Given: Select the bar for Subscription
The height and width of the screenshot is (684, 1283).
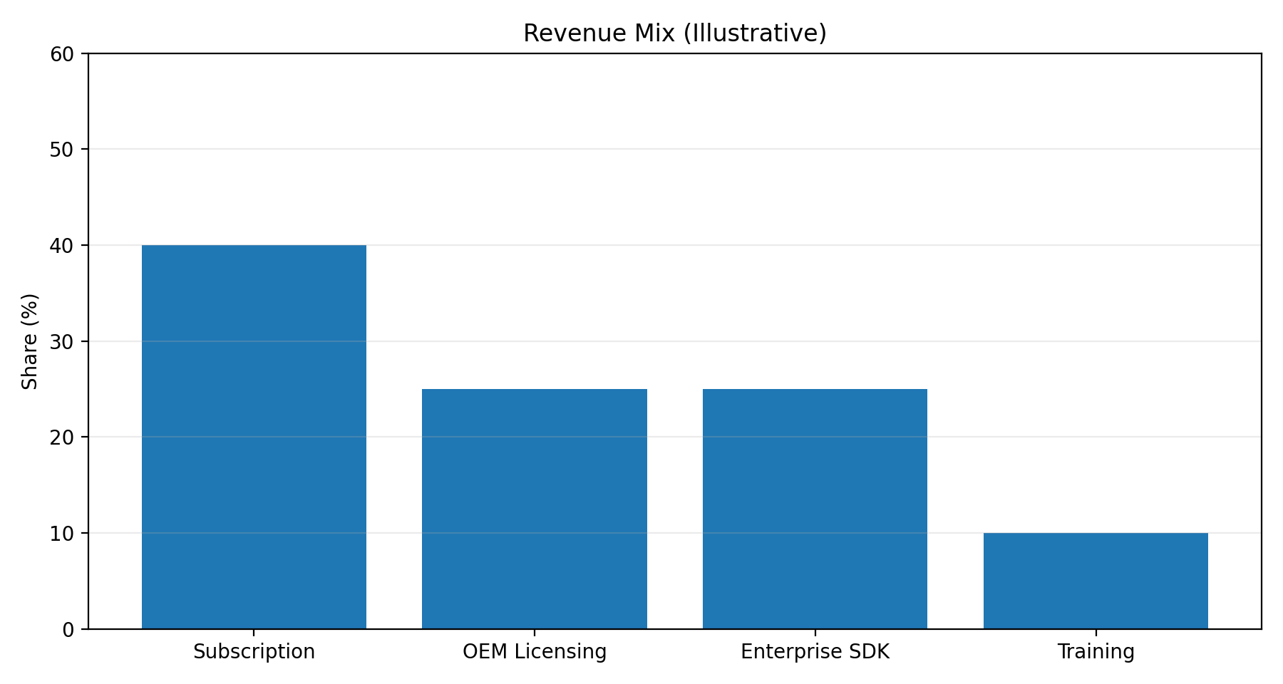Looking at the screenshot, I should (254, 437).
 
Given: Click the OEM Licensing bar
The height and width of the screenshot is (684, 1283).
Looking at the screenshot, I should (535, 509).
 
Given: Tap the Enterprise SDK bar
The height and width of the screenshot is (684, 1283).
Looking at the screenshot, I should (815, 509).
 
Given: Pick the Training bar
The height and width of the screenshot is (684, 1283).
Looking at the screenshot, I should (1096, 581).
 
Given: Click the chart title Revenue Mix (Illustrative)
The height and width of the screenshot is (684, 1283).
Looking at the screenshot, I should (674, 33).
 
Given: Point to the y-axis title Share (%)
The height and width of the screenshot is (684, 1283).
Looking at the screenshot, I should (30, 341).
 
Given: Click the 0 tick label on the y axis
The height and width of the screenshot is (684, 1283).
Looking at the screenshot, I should (68, 630).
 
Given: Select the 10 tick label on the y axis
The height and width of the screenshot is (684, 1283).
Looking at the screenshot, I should (63, 534).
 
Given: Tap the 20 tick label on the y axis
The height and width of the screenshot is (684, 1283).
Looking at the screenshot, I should (63, 437).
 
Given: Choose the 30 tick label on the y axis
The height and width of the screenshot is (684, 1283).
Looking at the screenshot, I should (63, 342).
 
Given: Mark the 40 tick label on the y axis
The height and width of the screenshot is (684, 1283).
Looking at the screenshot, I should (63, 246).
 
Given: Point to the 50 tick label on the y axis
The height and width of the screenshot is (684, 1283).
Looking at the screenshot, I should (63, 150).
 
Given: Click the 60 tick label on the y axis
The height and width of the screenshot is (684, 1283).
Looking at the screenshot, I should (63, 54).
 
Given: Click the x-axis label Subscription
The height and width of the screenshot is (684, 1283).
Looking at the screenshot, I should (254, 652).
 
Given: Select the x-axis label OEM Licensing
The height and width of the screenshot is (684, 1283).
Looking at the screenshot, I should (535, 652).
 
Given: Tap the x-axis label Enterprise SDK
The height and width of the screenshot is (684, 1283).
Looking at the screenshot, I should (815, 652).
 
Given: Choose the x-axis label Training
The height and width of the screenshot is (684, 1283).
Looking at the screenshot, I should (1096, 652).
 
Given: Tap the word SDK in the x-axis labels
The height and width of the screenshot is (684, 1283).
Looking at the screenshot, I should (870, 652).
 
